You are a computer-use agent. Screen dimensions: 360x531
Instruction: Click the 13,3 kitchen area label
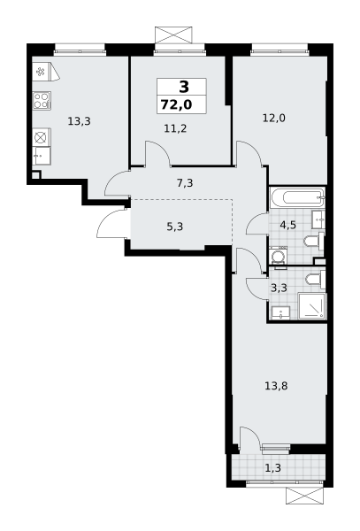click(x=80, y=121)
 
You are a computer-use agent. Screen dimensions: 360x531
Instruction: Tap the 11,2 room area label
click(x=175, y=128)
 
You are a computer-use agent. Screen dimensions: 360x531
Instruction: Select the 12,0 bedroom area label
click(x=274, y=119)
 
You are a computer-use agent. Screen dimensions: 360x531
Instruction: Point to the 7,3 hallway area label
click(x=185, y=183)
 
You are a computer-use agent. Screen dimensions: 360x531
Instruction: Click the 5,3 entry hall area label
click(x=175, y=227)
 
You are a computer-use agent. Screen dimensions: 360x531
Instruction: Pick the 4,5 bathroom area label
click(x=288, y=225)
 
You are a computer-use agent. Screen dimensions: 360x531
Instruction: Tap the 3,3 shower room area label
click(x=280, y=288)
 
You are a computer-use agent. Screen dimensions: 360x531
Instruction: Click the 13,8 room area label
click(x=276, y=386)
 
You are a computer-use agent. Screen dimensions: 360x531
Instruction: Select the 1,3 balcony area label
click(x=272, y=468)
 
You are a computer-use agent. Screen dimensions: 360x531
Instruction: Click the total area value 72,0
click(x=176, y=105)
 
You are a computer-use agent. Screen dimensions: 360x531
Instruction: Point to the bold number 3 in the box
click(x=184, y=88)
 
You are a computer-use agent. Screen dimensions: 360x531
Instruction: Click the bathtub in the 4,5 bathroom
click(x=297, y=197)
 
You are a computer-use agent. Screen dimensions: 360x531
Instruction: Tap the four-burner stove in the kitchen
click(x=42, y=101)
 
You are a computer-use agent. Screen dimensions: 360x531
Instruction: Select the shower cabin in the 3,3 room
click(x=312, y=306)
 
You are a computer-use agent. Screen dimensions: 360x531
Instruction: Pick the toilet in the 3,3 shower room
click(x=315, y=280)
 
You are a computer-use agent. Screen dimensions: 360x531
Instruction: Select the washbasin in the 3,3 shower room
click(x=280, y=312)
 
